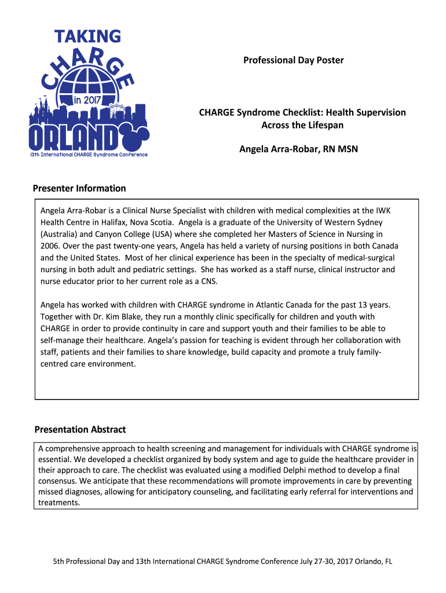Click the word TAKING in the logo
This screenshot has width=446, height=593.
click(x=88, y=36)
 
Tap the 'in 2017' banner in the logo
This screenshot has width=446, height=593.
click(x=86, y=100)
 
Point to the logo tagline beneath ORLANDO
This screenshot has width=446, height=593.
click(x=89, y=155)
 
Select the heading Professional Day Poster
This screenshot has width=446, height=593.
click(x=293, y=60)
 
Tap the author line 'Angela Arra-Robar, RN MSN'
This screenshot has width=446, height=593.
click(x=298, y=149)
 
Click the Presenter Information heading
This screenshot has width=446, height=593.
click(x=79, y=188)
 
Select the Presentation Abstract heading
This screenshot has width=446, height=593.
click(x=80, y=429)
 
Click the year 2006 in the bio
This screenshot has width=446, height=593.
click(x=49, y=246)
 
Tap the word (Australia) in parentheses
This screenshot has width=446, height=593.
click(x=59, y=235)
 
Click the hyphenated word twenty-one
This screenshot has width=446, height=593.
click(x=125, y=246)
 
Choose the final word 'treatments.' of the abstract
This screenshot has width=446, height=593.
click(x=59, y=503)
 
